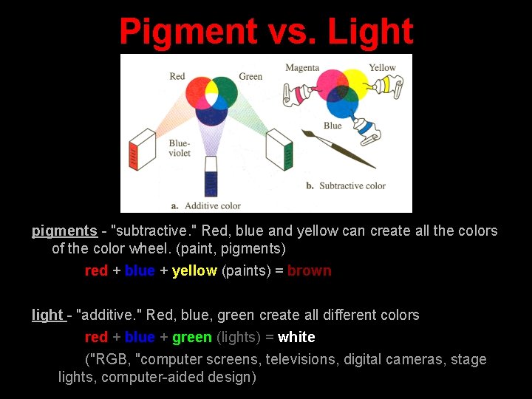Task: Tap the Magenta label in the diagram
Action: (x=301, y=68)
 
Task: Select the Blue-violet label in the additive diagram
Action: (x=180, y=148)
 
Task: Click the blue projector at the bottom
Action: (x=211, y=177)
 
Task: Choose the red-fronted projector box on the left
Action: (x=141, y=150)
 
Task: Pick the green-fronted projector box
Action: (x=281, y=150)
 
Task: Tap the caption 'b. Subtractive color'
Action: (x=346, y=185)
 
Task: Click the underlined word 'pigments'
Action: (x=64, y=231)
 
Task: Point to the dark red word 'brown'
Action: (x=309, y=270)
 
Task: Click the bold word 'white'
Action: (x=296, y=337)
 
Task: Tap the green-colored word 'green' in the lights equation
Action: (x=192, y=337)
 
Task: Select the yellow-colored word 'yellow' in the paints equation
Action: (x=194, y=270)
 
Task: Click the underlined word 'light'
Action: (x=47, y=316)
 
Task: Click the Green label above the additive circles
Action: (x=250, y=76)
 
